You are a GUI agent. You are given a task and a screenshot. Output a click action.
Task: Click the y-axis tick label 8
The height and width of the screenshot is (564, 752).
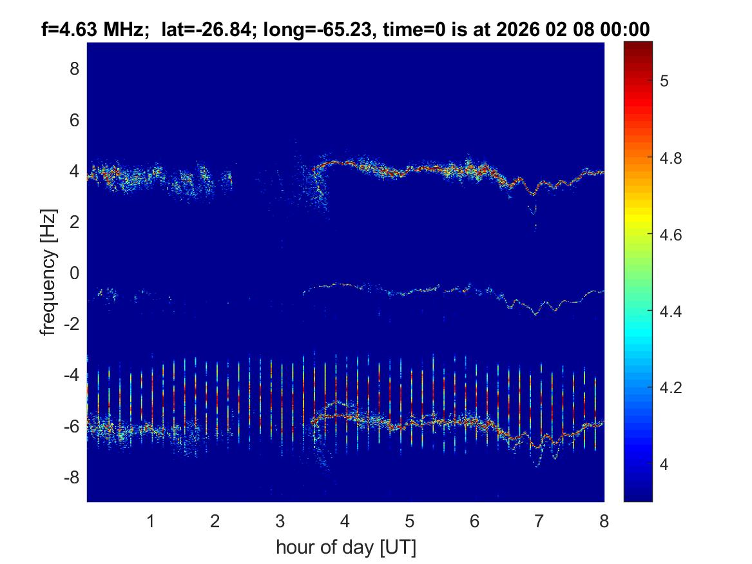(75, 68)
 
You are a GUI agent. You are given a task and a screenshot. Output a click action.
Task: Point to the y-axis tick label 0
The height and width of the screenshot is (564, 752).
(75, 273)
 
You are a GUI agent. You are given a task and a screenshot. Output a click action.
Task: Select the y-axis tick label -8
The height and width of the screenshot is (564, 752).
(72, 478)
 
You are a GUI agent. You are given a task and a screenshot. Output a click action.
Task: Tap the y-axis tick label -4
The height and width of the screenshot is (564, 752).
(72, 375)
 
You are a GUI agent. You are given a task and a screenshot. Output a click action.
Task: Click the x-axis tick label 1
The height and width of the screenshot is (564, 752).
(151, 521)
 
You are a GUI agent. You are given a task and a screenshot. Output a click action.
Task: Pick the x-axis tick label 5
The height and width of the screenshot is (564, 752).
(409, 521)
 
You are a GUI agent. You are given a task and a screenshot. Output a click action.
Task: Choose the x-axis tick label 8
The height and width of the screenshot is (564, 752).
(604, 521)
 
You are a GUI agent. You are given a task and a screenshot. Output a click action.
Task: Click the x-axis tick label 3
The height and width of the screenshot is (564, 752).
(280, 521)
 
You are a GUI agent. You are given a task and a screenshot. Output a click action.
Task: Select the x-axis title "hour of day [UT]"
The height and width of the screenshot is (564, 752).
(345, 547)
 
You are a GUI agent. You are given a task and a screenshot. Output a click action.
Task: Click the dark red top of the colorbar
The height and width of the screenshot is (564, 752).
(638, 46)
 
